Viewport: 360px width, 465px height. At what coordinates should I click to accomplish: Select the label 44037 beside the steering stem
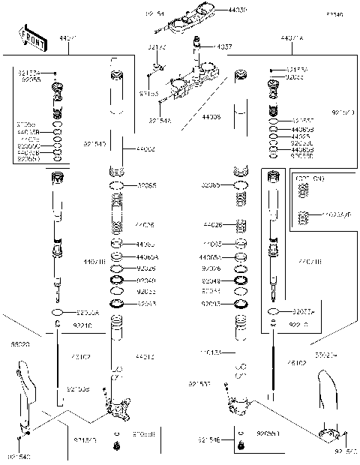point(223,46)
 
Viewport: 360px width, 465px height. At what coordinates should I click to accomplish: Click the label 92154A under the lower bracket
point(160,119)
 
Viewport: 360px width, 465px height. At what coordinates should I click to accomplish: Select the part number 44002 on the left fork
point(145,150)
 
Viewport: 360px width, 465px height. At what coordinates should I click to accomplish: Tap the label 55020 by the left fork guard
point(19,345)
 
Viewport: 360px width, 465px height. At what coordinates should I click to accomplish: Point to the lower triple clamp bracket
point(189,86)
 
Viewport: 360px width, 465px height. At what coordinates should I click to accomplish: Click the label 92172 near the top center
point(157,47)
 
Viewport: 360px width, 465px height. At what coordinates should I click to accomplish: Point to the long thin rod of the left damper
point(58,360)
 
